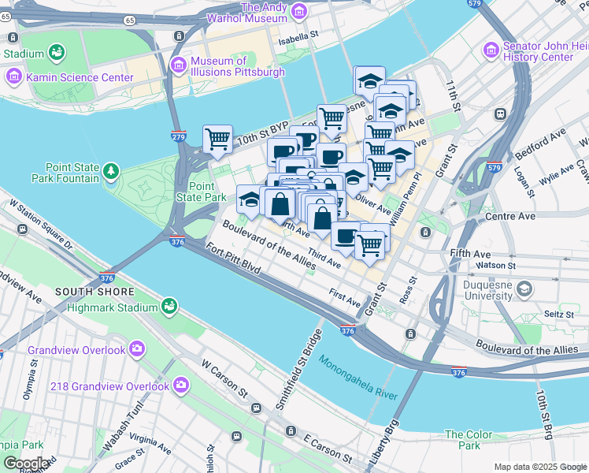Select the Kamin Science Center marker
point(14,77)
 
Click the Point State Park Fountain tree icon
point(112,170)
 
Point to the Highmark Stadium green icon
point(169,305)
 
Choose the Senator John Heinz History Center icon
point(492,49)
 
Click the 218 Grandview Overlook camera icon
point(182,385)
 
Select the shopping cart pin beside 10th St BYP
point(218,139)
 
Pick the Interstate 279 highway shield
point(179,136)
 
